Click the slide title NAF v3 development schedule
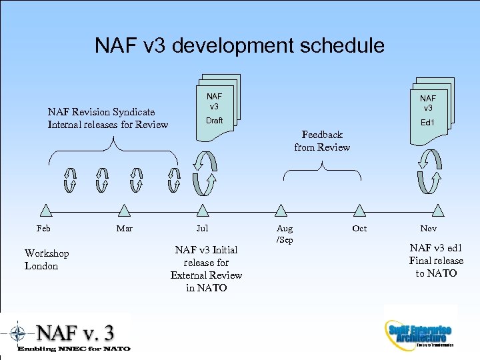(239, 45)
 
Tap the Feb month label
(43, 229)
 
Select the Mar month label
(124, 229)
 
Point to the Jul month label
(202, 229)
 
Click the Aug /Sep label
(285, 234)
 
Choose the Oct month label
(359, 229)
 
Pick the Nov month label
(429, 229)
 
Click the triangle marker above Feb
(45, 211)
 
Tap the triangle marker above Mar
(123, 211)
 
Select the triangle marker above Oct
(360, 211)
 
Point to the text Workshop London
(47, 259)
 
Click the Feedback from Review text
(322, 141)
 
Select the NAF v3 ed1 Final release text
(436, 260)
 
